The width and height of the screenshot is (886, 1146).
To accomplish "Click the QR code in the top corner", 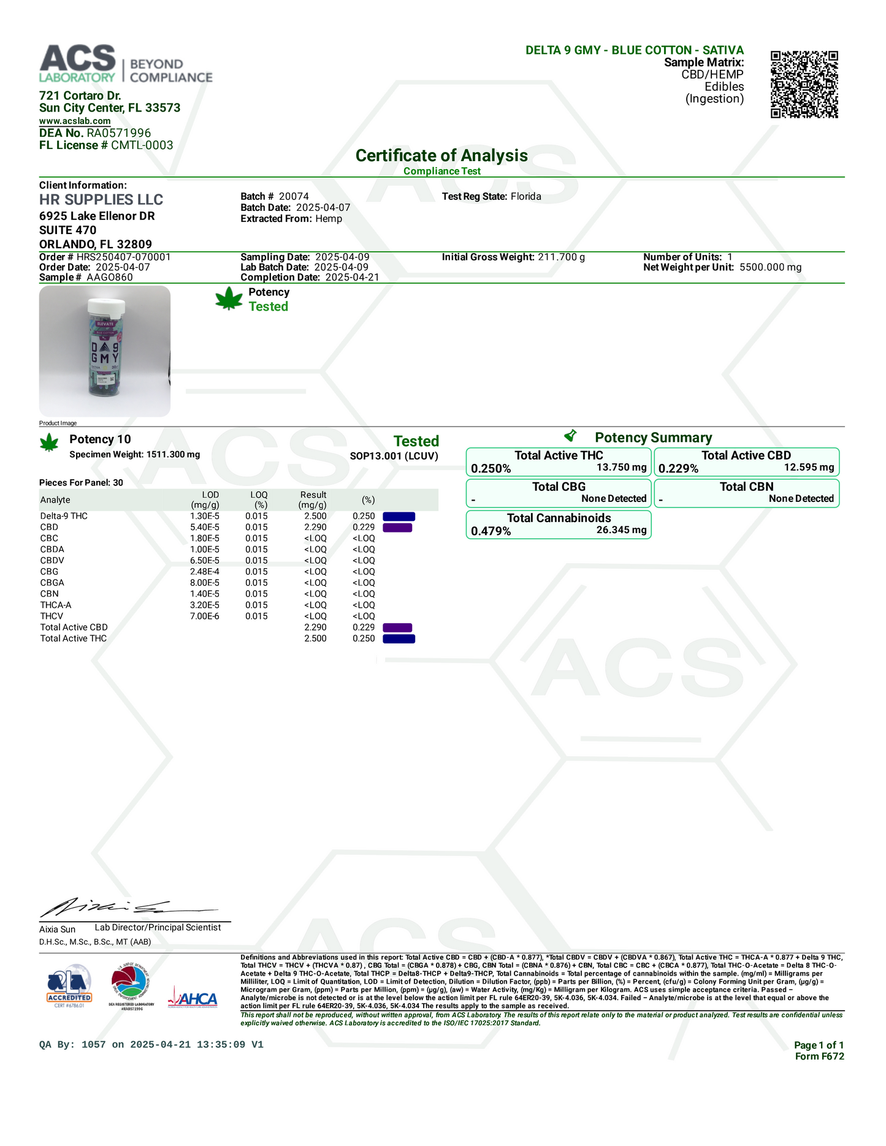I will [x=804, y=84].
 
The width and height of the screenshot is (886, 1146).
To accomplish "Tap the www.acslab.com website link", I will [x=75, y=121].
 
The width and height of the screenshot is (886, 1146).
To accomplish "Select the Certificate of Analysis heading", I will [x=441, y=156].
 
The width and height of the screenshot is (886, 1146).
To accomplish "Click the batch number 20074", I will [x=294, y=197].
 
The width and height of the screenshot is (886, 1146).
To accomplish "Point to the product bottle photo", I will [x=105, y=351].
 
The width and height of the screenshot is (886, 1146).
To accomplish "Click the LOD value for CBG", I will [x=205, y=572].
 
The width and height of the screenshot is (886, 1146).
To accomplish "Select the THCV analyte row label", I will [x=52, y=616].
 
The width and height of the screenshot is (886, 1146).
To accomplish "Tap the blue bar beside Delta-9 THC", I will [x=399, y=517].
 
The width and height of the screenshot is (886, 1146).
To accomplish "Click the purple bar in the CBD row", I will [x=397, y=528].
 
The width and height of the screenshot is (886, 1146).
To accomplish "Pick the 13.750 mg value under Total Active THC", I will [x=621, y=468].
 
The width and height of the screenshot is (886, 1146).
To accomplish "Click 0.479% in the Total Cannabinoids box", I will [x=491, y=531].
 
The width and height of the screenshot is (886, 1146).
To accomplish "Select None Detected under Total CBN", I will [x=801, y=499].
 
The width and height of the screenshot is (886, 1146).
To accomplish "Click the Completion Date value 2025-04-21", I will [x=352, y=278].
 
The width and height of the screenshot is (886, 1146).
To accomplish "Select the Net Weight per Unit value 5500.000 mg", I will [x=770, y=267].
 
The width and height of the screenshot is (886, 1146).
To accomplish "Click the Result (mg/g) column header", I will [x=313, y=499].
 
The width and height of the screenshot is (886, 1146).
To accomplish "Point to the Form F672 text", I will [x=819, y=1056].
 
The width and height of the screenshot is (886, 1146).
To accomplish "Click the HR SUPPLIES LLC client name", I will [x=101, y=200].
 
